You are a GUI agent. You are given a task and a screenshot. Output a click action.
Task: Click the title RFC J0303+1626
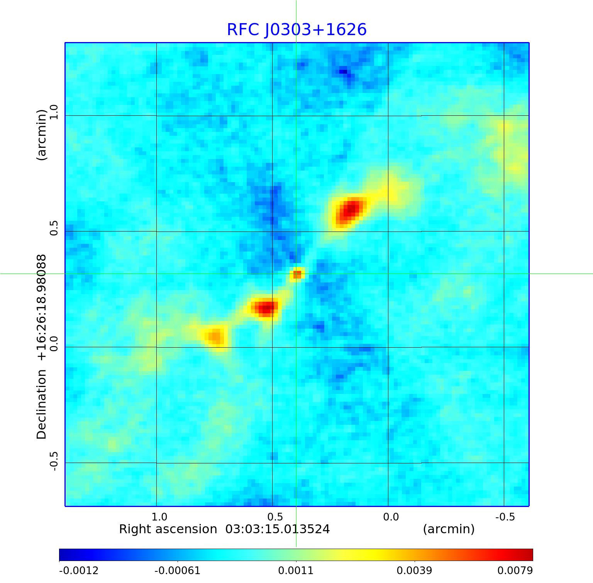point(296,30)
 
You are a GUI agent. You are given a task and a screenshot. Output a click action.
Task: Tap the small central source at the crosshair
point(297,274)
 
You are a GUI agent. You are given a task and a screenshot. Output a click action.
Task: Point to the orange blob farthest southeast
point(215,337)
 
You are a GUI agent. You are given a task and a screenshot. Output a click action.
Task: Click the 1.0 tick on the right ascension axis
point(159,517)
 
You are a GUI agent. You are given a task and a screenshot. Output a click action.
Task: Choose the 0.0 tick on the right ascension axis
point(391,517)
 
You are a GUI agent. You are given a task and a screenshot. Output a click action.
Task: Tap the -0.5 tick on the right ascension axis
point(505,517)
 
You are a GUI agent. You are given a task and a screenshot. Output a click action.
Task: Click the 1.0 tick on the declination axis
point(53,112)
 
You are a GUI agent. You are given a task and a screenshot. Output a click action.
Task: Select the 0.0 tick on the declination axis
point(53,343)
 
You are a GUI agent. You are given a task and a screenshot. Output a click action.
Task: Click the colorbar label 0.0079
point(515,570)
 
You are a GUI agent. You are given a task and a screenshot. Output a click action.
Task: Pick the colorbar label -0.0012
point(79,570)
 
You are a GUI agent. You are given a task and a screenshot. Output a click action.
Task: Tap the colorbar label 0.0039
point(414,570)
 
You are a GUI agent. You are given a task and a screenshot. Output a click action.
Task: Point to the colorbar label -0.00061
point(178,570)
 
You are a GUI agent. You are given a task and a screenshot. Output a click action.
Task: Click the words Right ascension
point(168,529)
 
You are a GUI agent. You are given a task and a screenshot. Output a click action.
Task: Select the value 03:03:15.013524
point(278,529)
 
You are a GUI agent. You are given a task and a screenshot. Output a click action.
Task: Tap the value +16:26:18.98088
point(41,307)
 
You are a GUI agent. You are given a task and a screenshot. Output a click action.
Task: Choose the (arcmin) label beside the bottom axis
point(449,529)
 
